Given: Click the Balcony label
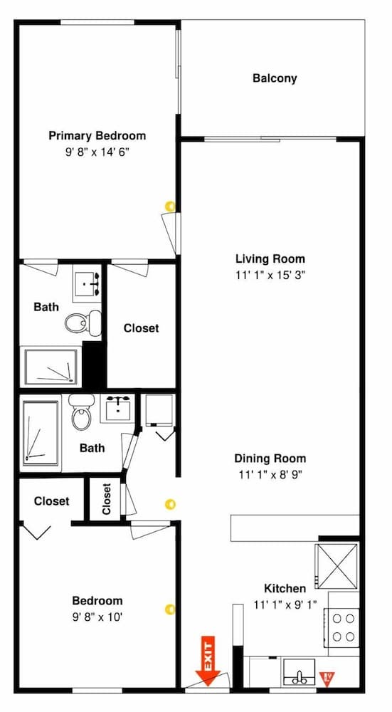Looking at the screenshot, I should pyautogui.click(x=275, y=78).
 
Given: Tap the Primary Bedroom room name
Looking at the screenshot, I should pyautogui.click(x=97, y=135).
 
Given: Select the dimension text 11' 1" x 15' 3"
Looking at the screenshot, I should pyautogui.click(x=270, y=274).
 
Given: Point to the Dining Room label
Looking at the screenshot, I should pyautogui.click(x=270, y=459).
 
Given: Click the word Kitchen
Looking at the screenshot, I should pyautogui.click(x=285, y=588).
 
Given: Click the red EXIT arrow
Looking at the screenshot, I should pyautogui.click(x=208, y=662).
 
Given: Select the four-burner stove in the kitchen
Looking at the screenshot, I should pyautogui.click(x=344, y=627).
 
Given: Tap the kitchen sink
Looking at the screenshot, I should pyautogui.click(x=299, y=671).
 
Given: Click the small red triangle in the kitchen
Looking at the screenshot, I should pyautogui.click(x=329, y=676).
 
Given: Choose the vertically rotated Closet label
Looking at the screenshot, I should pyautogui.click(x=107, y=499).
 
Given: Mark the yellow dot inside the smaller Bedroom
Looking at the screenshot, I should pyautogui.click(x=169, y=609).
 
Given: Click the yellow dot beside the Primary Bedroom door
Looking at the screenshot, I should pyautogui.click(x=169, y=206).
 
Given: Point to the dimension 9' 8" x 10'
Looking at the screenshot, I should pyautogui.click(x=97, y=616).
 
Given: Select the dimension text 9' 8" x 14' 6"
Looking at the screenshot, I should pyautogui.click(x=97, y=152).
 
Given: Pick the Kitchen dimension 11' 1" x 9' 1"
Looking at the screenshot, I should pyautogui.click(x=285, y=604).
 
